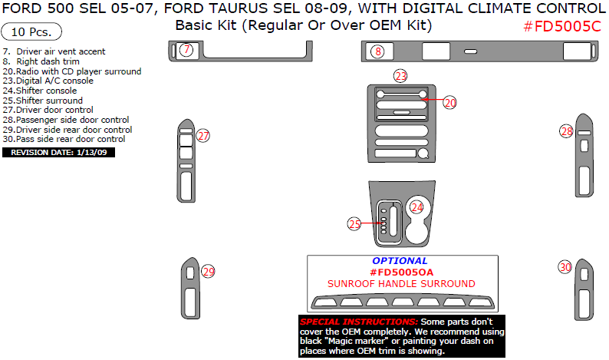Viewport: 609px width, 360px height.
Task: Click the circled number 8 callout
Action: [377, 51]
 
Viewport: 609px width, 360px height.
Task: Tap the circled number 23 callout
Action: [400, 75]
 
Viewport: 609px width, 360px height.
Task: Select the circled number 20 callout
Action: [449, 101]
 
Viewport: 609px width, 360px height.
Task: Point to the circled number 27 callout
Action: [203, 136]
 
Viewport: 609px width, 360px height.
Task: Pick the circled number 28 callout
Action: [566, 131]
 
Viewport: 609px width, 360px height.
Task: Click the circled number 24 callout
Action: [416, 206]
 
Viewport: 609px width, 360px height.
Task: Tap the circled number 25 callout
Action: [354, 224]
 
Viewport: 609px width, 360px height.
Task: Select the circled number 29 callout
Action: [208, 271]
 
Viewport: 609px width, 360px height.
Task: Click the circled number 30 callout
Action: [565, 267]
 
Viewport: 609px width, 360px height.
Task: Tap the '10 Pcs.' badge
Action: [31, 33]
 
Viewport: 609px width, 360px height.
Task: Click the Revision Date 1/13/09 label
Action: [59, 152]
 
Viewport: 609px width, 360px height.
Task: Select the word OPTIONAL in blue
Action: [400, 261]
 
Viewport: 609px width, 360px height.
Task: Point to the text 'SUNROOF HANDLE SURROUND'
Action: [401, 284]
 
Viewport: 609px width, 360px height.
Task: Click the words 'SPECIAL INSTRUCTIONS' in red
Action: [358, 321]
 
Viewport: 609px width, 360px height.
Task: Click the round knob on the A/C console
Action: [423, 154]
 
